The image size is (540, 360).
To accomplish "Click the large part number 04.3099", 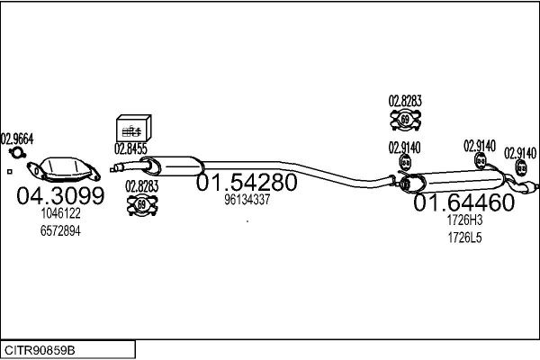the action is tap(60, 195).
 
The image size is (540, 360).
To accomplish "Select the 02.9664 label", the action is tap(16, 139).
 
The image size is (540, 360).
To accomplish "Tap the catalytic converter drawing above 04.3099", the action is tap(63, 169).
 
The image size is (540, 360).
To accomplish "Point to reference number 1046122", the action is tap(60, 214).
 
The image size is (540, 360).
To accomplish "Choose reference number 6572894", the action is tap(60, 230).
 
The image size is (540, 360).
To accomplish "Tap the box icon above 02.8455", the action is tap(134, 129).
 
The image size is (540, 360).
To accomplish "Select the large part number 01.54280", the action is tap(246, 183).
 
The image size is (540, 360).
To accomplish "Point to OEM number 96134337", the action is tap(247, 200).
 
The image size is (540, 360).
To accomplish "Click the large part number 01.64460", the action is tap(463, 203).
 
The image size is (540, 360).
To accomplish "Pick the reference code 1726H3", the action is tap(464, 220).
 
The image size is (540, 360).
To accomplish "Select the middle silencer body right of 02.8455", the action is tap(175, 166).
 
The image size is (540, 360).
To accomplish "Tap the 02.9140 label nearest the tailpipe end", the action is tap(520, 153).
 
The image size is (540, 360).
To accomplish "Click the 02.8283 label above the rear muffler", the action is tap(405, 102).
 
